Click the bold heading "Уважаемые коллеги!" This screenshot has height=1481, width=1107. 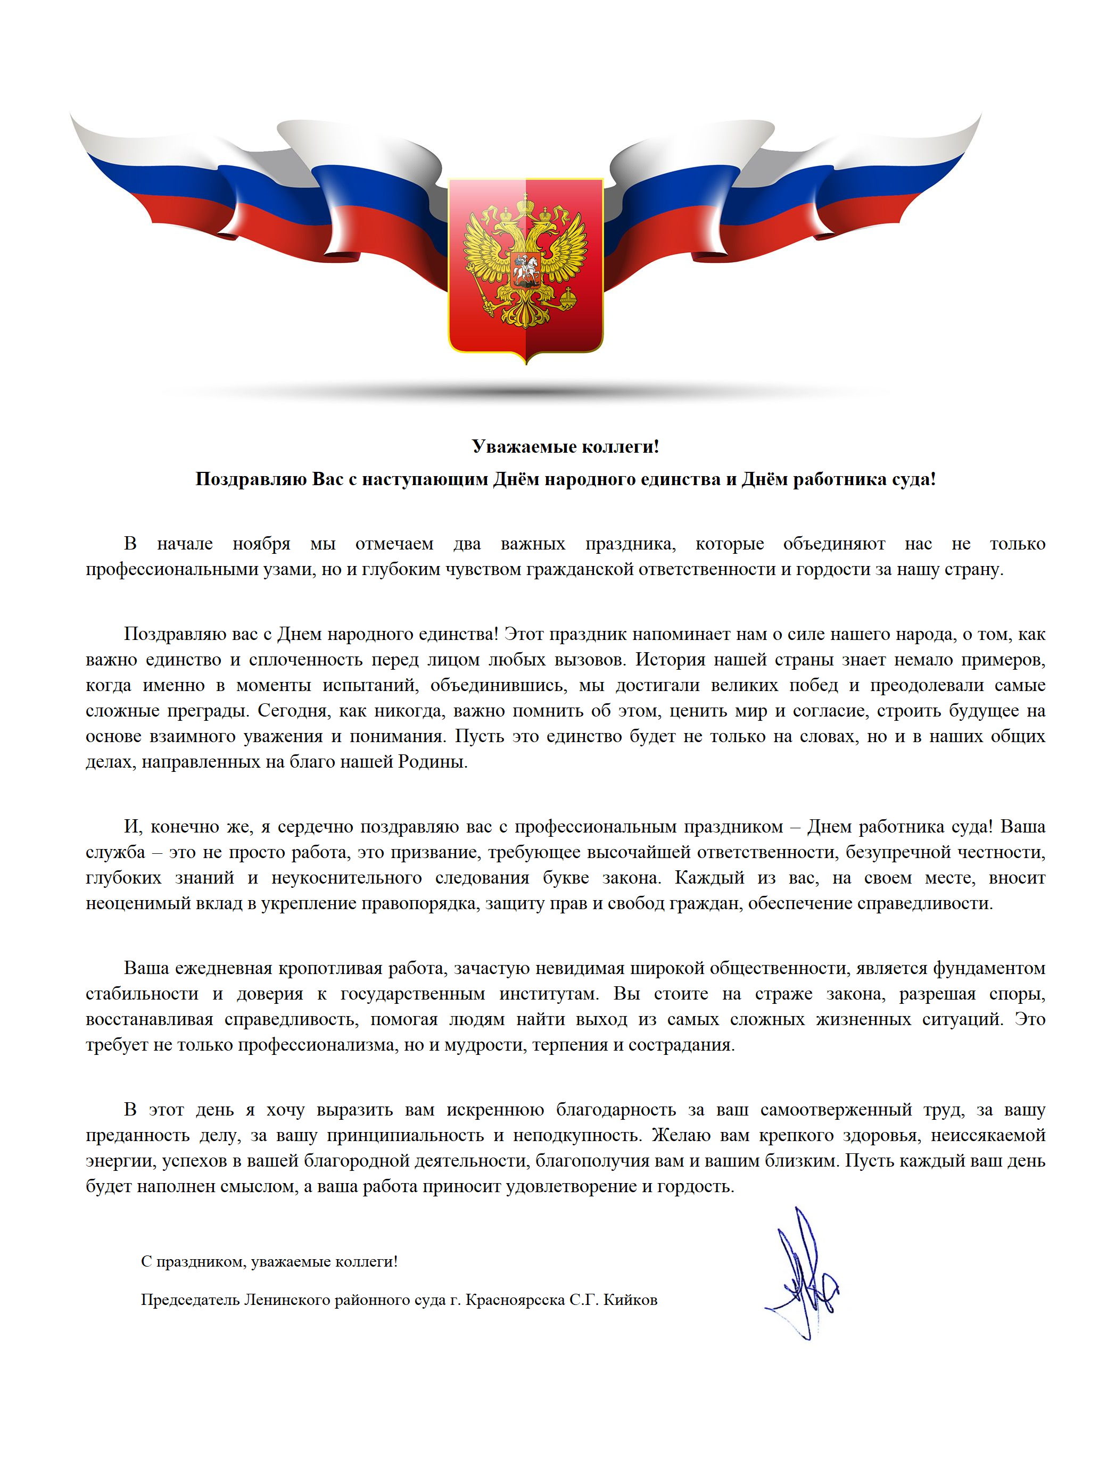click(x=565, y=446)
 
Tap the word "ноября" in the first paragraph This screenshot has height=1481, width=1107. click(x=261, y=544)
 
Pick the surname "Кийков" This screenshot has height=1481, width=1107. click(x=630, y=1300)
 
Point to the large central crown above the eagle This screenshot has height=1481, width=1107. click(x=526, y=203)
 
